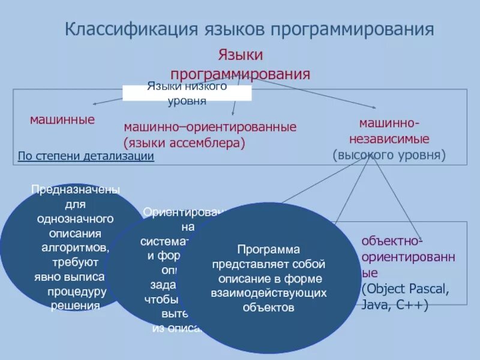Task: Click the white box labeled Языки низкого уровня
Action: tap(187, 93)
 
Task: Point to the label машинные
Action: tap(62, 119)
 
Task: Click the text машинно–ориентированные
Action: tap(210, 128)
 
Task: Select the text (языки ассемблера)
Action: tap(185, 143)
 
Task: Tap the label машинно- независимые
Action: tap(389, 131)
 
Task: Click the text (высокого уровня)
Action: tap(389, 155)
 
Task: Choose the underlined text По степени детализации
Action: tap(86, 157)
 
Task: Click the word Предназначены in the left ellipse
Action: tap(75, 190)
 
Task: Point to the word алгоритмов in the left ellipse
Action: tap(75, 247)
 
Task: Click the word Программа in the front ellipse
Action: tap(268, 249)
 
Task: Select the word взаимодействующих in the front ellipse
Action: tap(268, 293)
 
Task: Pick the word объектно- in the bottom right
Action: tap(392, 241)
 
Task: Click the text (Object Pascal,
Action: tap(404, 289)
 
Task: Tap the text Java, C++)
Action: tap(394, 305)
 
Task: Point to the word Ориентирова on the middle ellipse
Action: tap(184, 212)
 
